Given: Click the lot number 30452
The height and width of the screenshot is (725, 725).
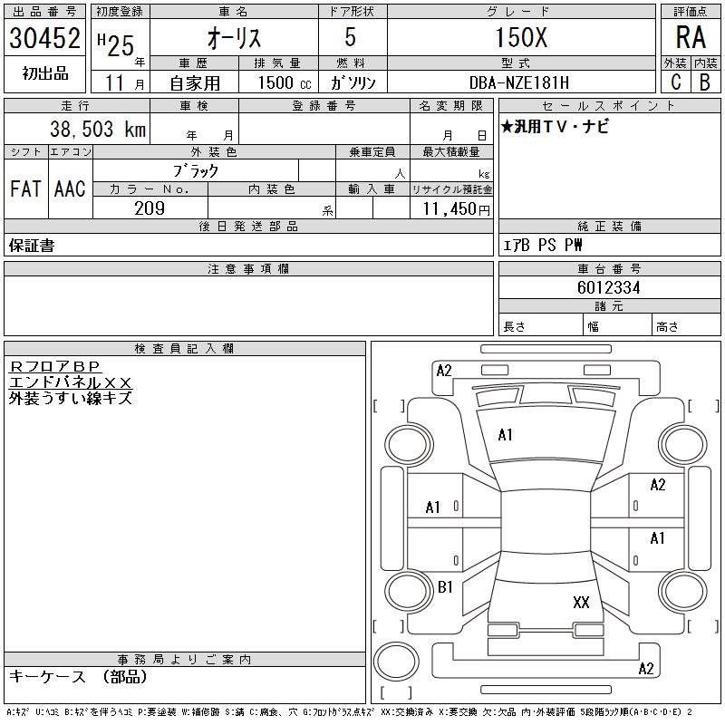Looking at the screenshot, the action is (x=44, y=38).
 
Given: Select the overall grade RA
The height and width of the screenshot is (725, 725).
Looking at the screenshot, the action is (x=691, y=37).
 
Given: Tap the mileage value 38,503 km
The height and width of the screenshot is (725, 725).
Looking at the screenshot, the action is (x=98, y=129).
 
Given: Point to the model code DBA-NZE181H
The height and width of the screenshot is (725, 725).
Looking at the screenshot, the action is (x=519, y=82).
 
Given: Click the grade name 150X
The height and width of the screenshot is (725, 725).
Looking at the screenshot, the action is (x=522, y=37).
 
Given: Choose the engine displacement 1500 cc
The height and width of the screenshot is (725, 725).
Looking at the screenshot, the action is (x=285, y=82).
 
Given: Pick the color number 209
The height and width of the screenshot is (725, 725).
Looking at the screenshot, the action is (x=150, y=208).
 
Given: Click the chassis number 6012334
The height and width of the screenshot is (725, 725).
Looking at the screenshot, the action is (x=608, y=287).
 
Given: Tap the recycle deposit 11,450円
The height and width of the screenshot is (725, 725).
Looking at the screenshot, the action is (x=457, y=209).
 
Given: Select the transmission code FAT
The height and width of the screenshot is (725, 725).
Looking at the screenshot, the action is (x=26, y=188).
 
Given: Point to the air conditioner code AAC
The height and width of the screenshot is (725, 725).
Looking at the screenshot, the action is (x=71, y=188).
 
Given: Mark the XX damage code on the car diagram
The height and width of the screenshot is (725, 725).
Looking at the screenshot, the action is (x=581, y=602).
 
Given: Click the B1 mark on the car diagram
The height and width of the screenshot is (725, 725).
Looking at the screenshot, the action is (x=445, y=587).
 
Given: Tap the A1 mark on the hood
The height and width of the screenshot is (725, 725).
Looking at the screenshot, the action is (x=505, y=435).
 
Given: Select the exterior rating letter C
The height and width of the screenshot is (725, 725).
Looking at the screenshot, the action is (x=676, y=82).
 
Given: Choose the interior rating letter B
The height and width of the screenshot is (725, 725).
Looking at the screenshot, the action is (x=705, y=82).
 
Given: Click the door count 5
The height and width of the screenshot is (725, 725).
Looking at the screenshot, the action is (x=351, y=37).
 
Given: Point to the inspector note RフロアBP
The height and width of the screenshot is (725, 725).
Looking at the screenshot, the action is (x=55, y=366).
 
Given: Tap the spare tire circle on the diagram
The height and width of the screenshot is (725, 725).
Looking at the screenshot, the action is (x=396, y=662).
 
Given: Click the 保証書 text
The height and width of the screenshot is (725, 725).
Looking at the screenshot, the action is (x=32, y=246).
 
